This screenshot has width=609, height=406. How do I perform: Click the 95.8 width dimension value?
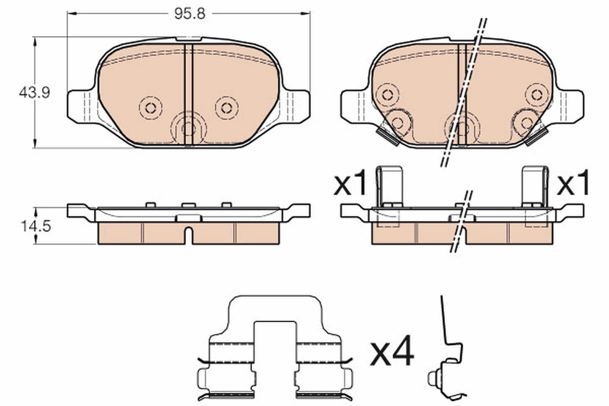point(189,14)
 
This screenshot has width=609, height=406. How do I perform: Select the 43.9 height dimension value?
point(34,93)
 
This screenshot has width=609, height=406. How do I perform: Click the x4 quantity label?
point(392,354)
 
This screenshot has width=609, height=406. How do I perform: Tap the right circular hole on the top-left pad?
point(226,107)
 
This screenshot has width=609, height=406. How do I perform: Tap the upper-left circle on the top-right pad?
point(388,94)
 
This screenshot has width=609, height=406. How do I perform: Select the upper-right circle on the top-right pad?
point(536,94)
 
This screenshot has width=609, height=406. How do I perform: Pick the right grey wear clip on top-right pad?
point(536,136)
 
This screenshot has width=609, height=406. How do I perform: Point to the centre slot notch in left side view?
point(188,235)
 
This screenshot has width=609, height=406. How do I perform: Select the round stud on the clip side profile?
point(432,378)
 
